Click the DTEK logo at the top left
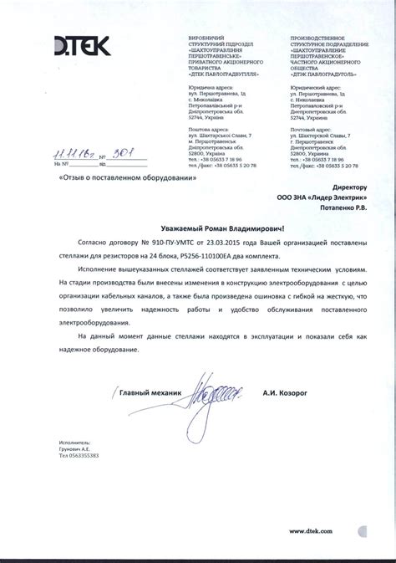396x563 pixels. [81, 48]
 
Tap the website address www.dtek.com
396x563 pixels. [312, 531]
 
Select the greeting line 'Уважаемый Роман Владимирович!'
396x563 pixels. [223, 228]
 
